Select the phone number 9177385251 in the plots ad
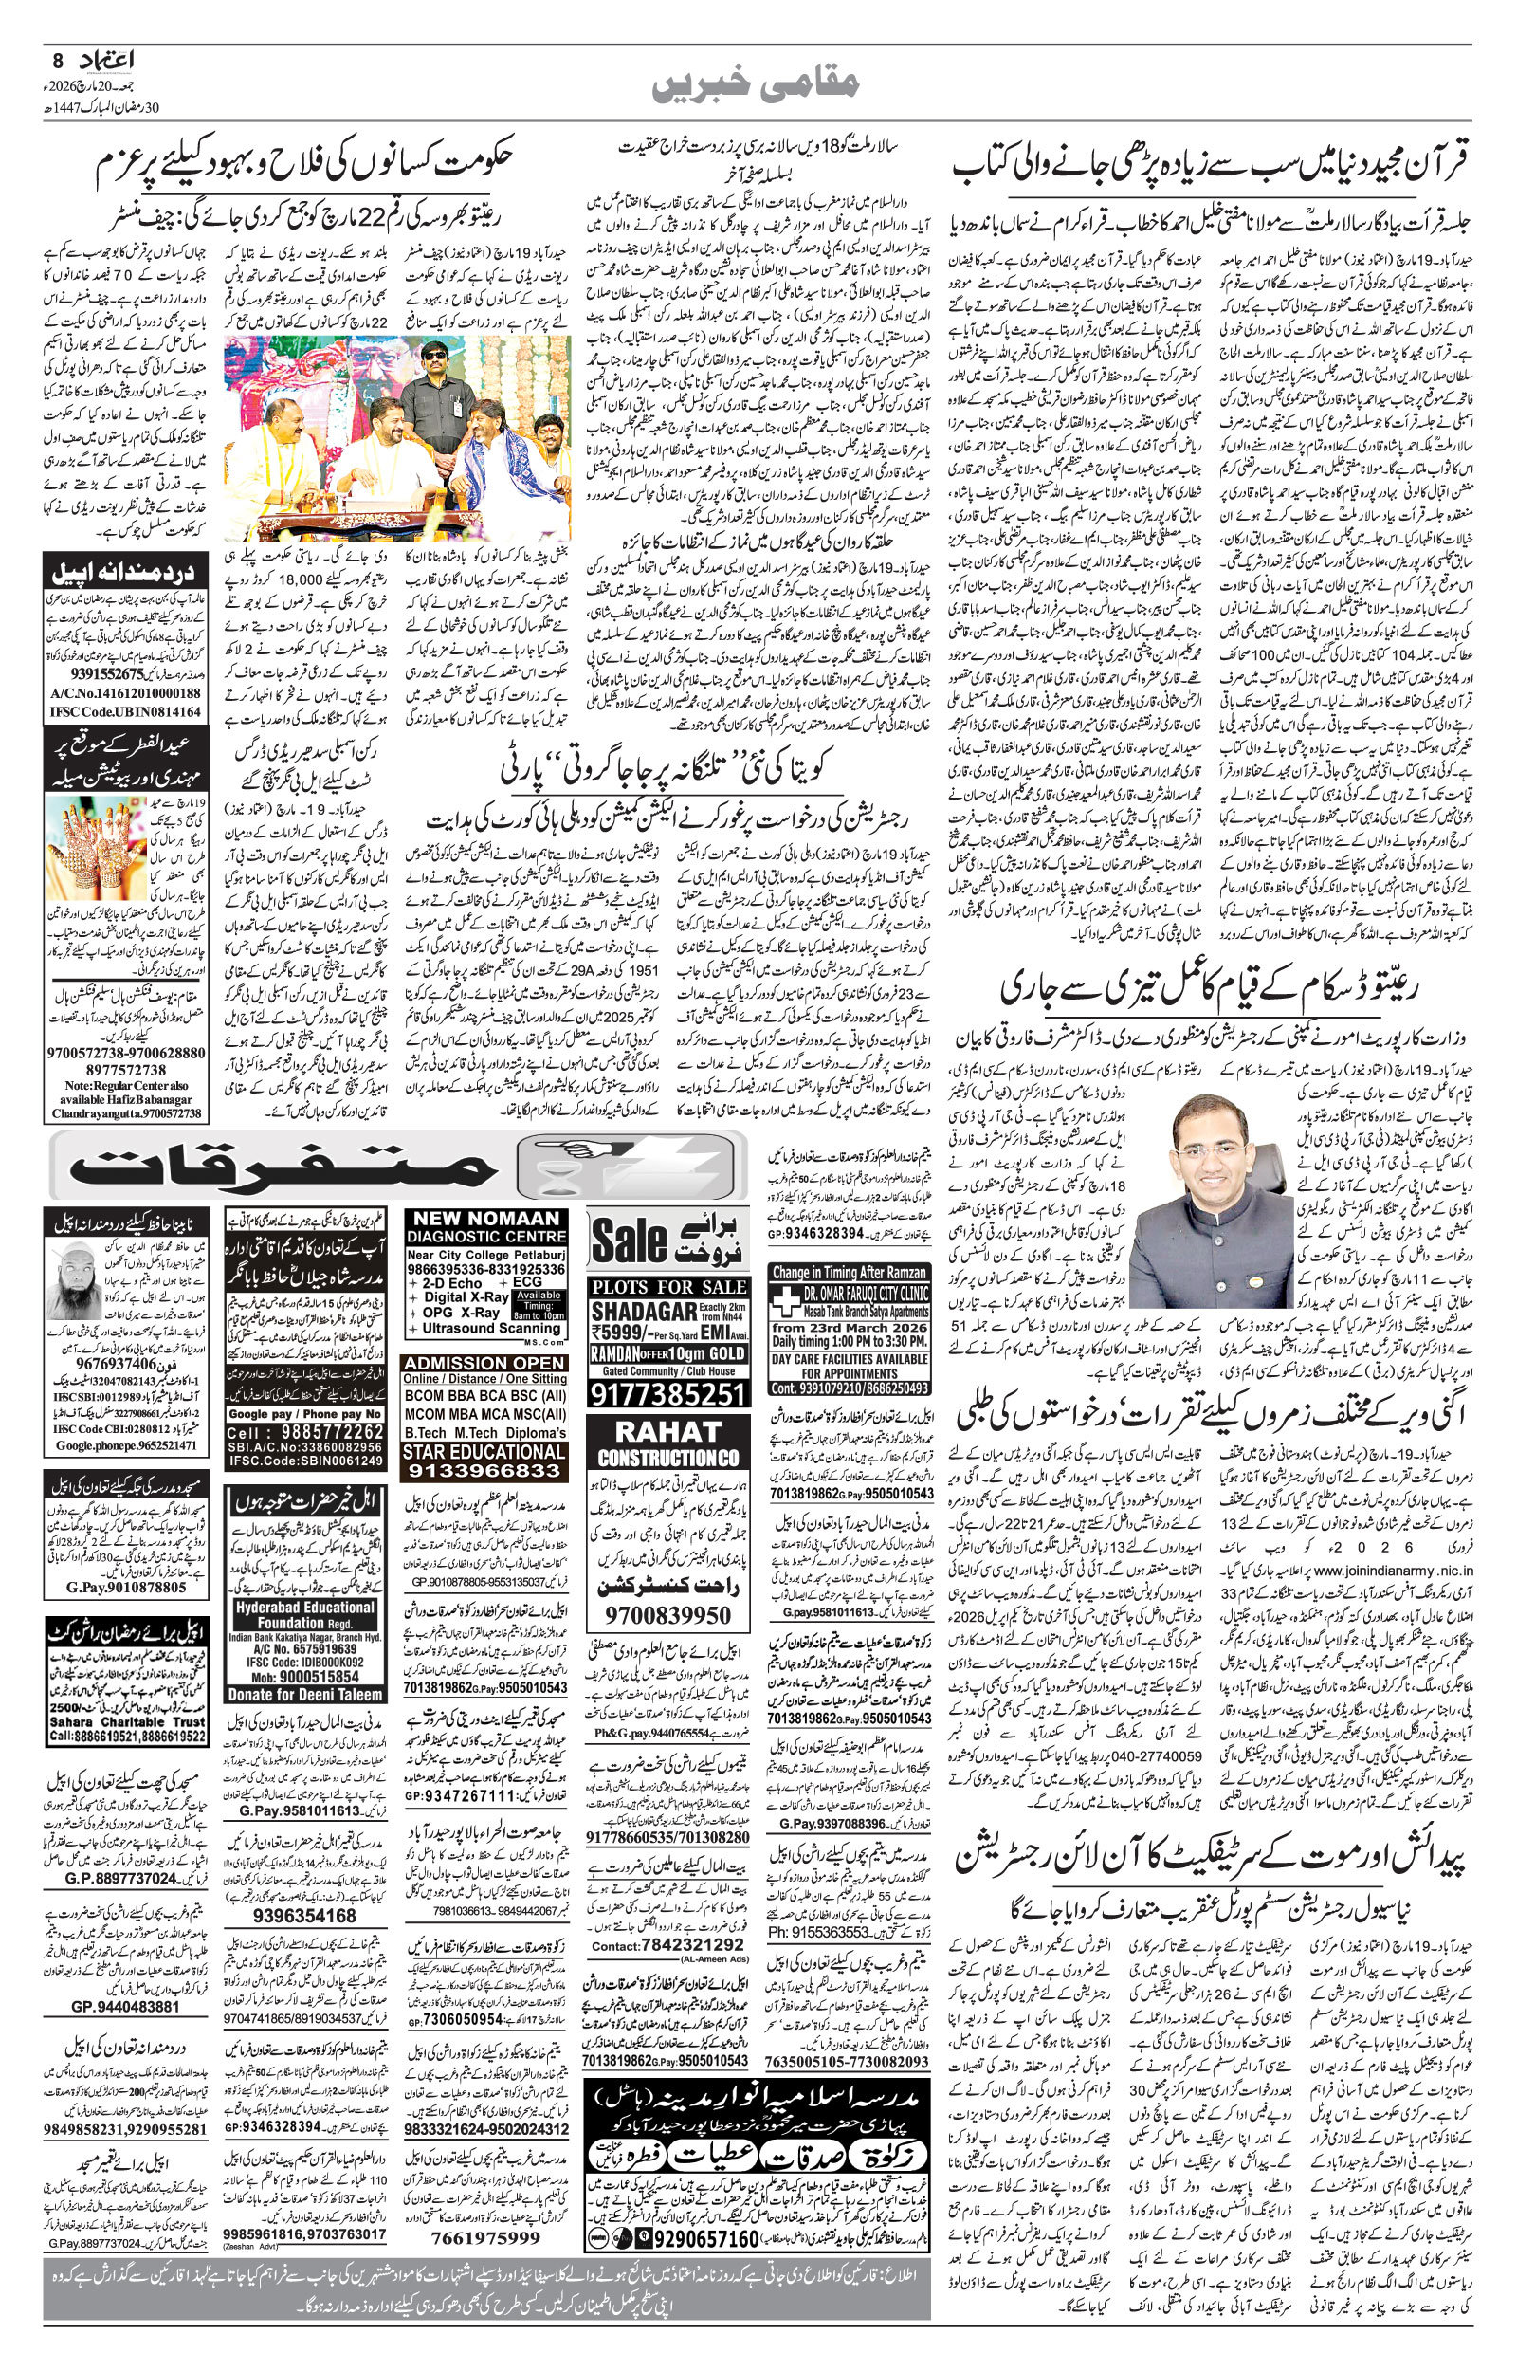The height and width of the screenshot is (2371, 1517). [667, 1393]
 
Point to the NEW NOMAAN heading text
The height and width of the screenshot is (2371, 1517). [486, 1219]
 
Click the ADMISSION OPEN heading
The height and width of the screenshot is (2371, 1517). [485, 1362]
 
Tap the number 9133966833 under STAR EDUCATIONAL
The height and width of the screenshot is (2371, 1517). [484, 1471]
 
